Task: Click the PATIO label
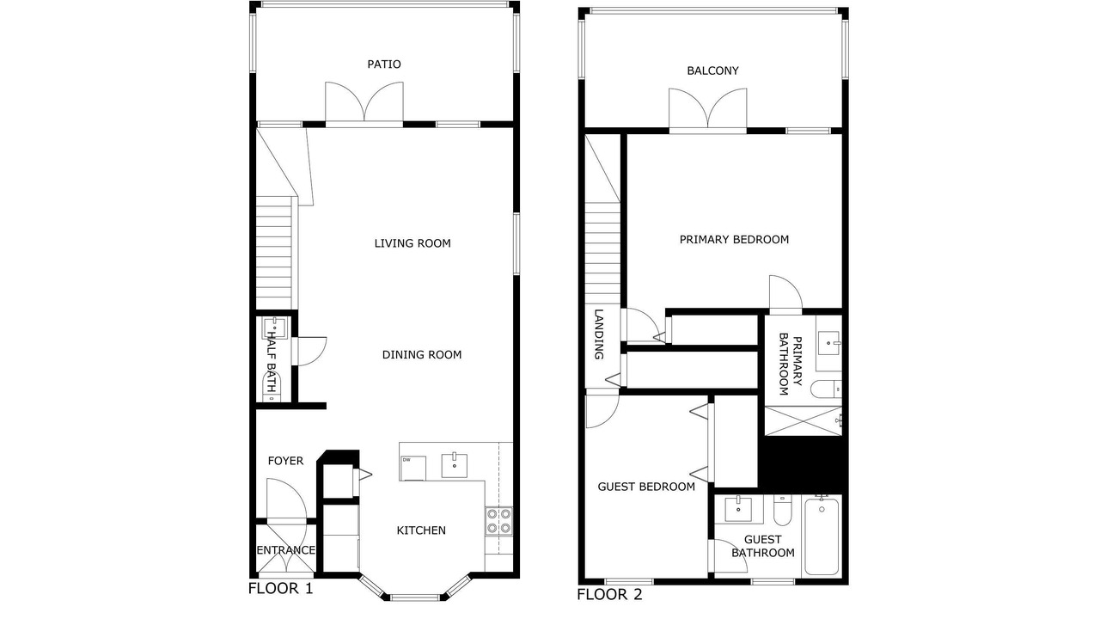click(x=384, y=64)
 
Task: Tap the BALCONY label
click(x=712, y=70)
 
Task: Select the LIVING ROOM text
click(x=412, y=243)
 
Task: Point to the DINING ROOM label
click(x=422, y=355)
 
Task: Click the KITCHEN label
click(x=421, y=530)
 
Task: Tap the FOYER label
click(x=285, y=461)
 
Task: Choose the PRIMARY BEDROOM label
click(x=734, y=239)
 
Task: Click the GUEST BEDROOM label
click(x=646, y=487)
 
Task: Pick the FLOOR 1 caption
click(x=280, y=589)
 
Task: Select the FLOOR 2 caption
click(x=609, y=594)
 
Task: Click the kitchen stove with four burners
click(x=499, y=521)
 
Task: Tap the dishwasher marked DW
click(x=413, y=469)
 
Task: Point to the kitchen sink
click(x=455, y=465)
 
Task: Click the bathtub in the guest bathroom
click(x=822, y=536)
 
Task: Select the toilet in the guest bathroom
click(x=783, y=510)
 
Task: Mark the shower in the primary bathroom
click(x=804, y=420)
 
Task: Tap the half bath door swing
click(x=310, y=352)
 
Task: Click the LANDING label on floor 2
click(x=599, y=334)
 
